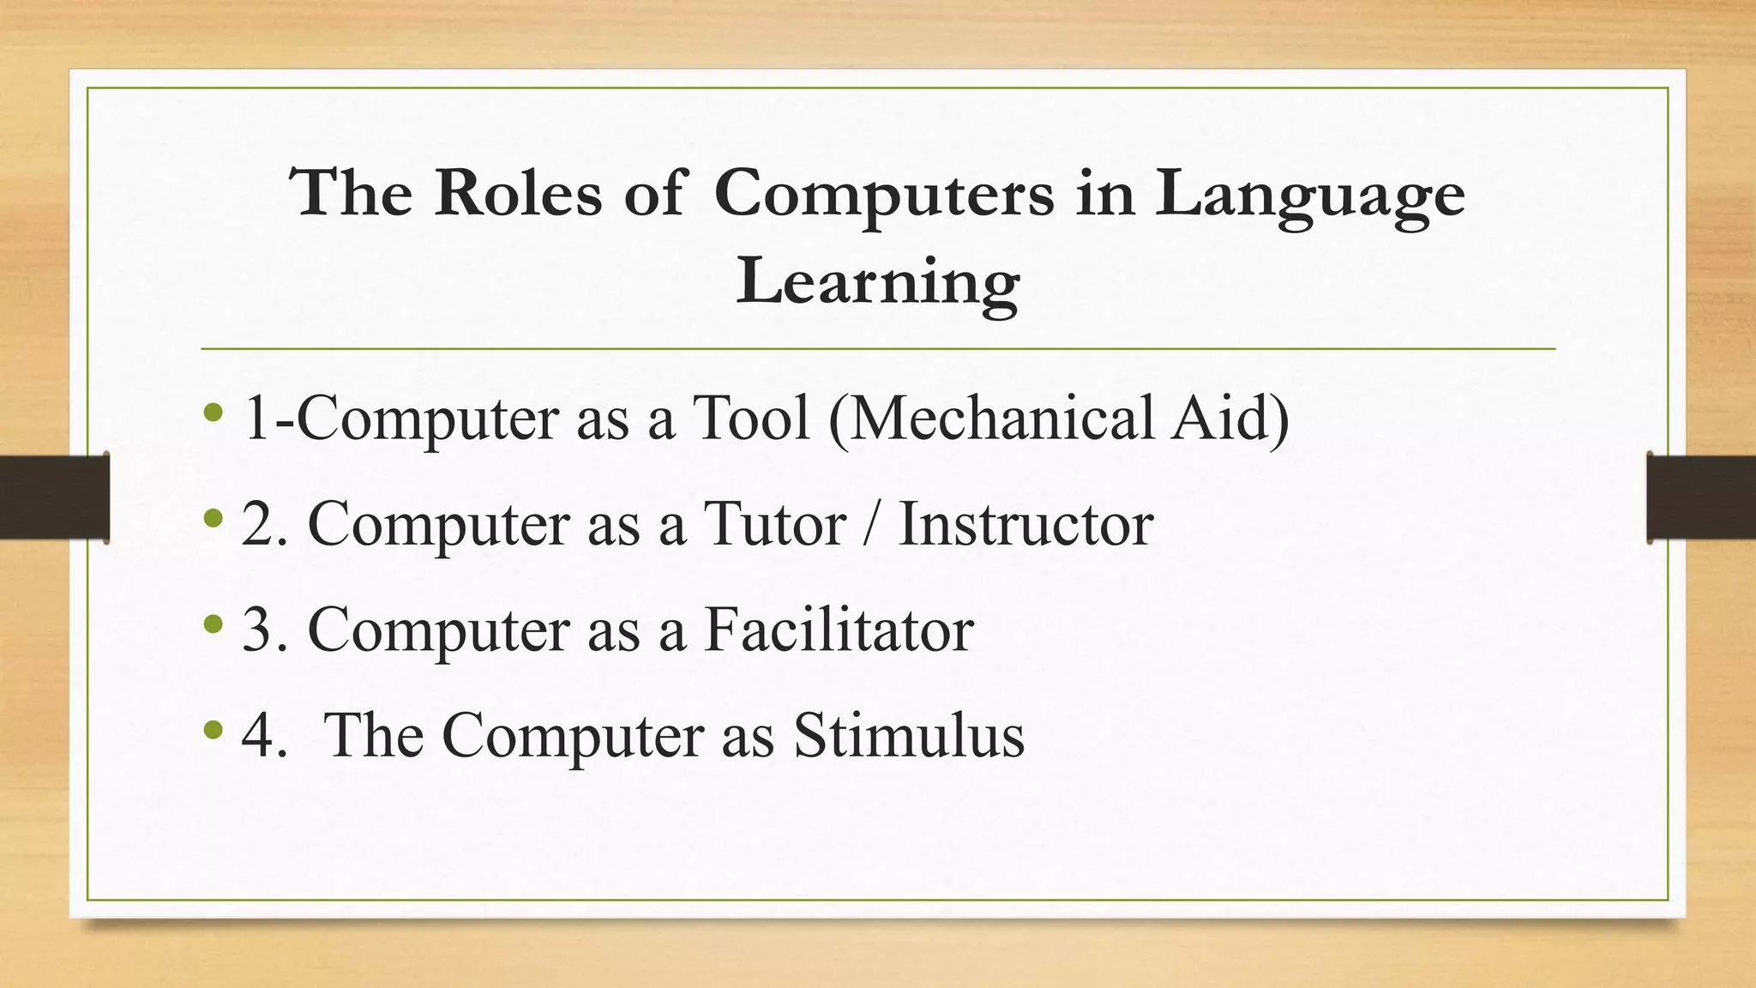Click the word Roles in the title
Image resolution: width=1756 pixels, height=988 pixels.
tap(518, 193)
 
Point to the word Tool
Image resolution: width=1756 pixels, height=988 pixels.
tap(751, 418)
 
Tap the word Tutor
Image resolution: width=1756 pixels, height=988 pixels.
tap(774, 524)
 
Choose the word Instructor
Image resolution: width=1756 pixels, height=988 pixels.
tap(1025, 524)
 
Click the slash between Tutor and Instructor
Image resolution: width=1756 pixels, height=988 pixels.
tap(872, 524)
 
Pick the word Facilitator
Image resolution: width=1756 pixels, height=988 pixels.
tap(839, 630)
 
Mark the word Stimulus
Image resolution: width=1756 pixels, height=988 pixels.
tap(908, 735)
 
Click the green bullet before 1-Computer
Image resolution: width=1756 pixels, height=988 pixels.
tap(214, 414)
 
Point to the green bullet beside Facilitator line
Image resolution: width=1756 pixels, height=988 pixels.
tap(214, 625)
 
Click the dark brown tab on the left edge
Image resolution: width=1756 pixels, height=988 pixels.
tap(54, 497)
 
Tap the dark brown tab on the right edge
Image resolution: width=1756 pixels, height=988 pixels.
tap(1701, 497)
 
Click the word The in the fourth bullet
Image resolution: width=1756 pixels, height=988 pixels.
tap(375, 735)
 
